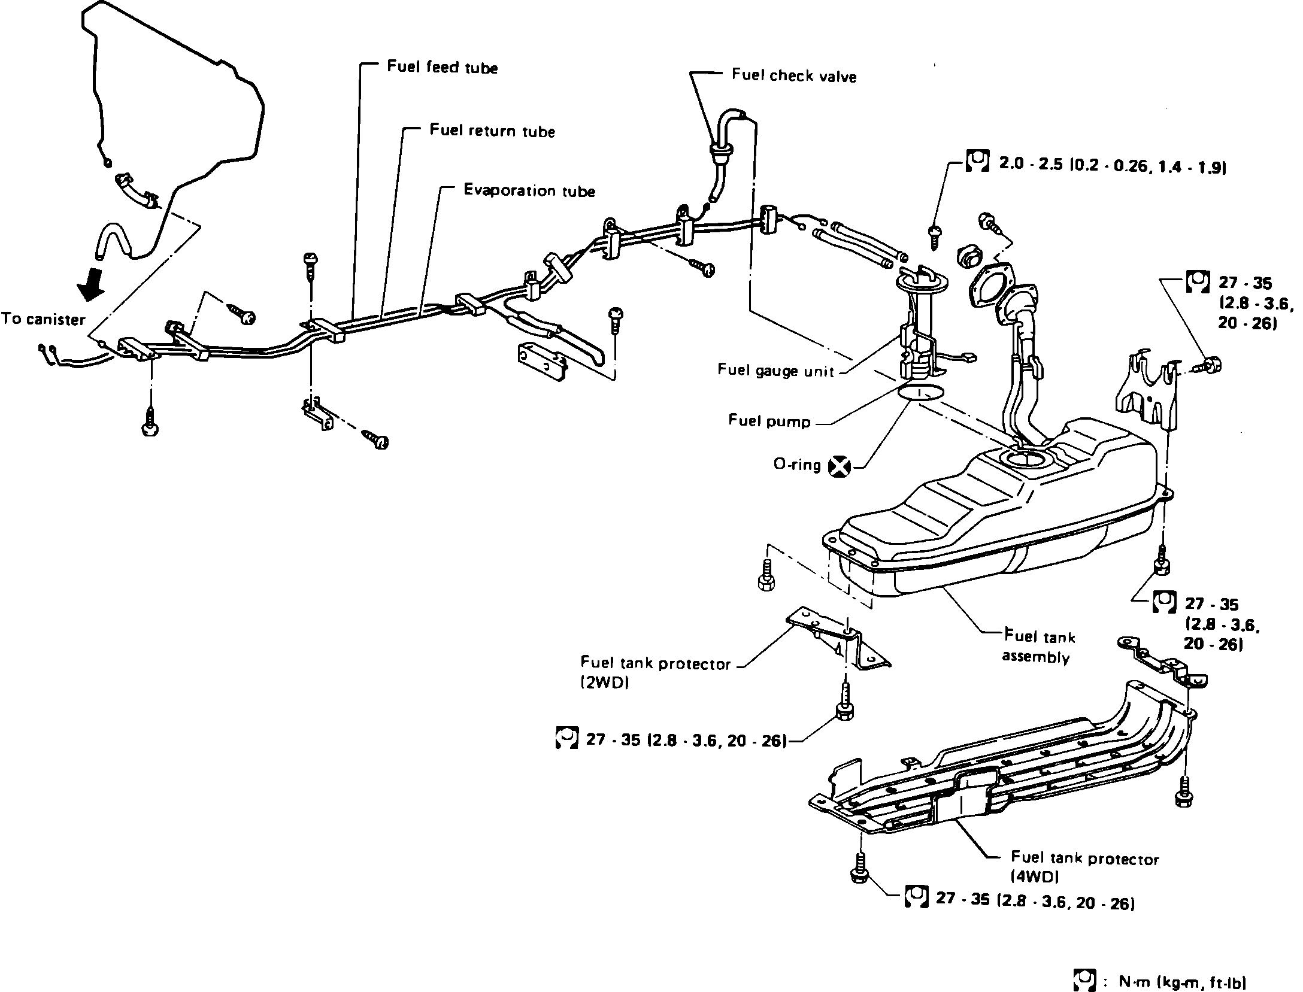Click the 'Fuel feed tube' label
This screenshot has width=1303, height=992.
[x=442, y=67]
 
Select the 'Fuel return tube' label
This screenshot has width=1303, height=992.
[x=492, y=131]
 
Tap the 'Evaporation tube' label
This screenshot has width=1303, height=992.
[x=529, y=191]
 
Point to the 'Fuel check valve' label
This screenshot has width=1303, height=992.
[x=793, y=76]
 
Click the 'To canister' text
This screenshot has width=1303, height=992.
[x=44, y=319]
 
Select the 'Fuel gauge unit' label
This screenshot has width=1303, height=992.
[x=775, y=371]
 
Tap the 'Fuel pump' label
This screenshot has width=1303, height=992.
[x=769, y=421]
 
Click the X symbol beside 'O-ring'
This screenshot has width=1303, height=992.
[x=840, y=466]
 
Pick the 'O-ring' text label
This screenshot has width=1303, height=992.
[x=796, y=465]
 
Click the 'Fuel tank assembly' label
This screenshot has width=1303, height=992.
[x=1038, y=647]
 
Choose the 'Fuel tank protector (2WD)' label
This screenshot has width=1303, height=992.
[x=655, y=673]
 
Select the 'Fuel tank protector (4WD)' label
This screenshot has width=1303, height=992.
[x=1084, y=867]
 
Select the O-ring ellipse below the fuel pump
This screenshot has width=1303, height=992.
[x=921, y=393]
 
